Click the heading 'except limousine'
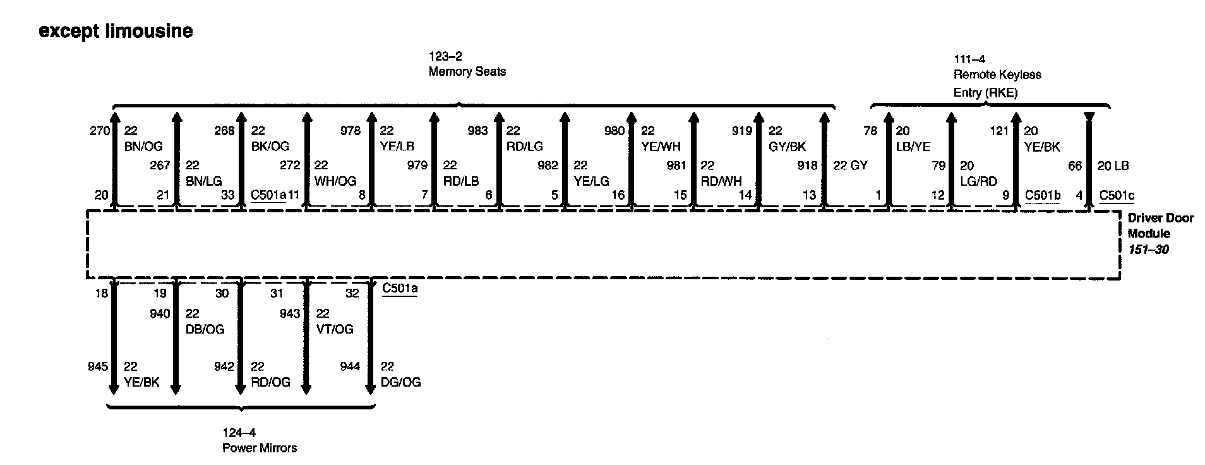(x=116, y=31)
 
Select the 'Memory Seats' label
(x=467, y=71)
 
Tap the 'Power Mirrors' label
(x=259, y=448)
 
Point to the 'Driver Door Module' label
(x=1160, y=226)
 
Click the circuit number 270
(x=100, y=131)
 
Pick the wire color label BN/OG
(x=143, y=147)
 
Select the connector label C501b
(x=1042, y=195)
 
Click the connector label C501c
(x=1117, y=195)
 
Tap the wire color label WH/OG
(x=335, y=181)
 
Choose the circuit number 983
(x=477, y=131)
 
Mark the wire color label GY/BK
(x=787, y=147)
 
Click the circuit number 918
(x=807, y=166)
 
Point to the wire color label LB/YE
(x=913, y=147)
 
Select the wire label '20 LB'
(x=1113, y=166)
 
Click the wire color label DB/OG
(x=205, y=329)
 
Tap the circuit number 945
(x=98, y=366)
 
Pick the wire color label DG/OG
(x=401, y=382)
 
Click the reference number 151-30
(x=1148, y=250)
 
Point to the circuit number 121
(x=999, y=131)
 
